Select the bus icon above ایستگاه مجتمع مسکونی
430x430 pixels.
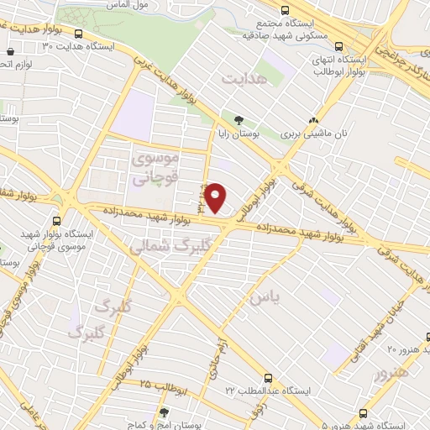coord(286,11)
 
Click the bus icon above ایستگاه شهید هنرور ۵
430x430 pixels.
coord(362,413)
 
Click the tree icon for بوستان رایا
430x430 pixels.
coord(239,120)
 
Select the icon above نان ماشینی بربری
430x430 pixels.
coord(314,120)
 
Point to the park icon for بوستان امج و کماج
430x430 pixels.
coord(163,413)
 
